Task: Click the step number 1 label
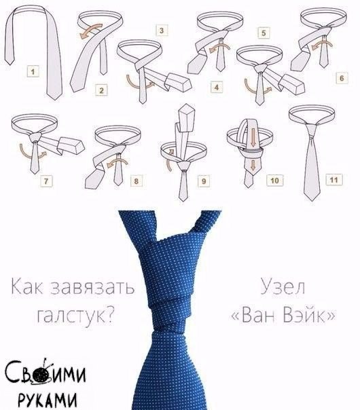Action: pyautogui.click(x=33, y=72)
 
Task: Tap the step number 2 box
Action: pyautogui.click(x=101, y=90)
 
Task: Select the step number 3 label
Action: pyautogui.click(x=162, y=31)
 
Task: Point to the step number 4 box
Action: pyautogui.click(x=217, y=88)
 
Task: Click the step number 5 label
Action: pyautogui.click(x=264, y=33)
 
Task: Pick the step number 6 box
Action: pyautogui.click(x=342, y=78)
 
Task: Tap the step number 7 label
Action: pyautogui.click(x=46, y=181)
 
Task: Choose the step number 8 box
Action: pyautogui.click(x=136, y=181)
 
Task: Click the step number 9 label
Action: pyautogui.click(x=204, y=181)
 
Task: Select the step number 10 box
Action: pyautogui.click(x=274, y=181)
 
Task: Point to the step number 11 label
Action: pyautogui.click(x=334, y=180)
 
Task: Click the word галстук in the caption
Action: pyautogui.click(x=76, y=315)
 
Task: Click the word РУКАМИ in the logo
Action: pyautogui.click(x=48, y=399)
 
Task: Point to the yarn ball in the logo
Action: pyautogui.click(x=41, y=374)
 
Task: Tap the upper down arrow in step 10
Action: pyautogui.click(x=253, y=138)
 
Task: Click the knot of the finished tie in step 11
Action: pyautogui.click(x=311, y=131)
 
